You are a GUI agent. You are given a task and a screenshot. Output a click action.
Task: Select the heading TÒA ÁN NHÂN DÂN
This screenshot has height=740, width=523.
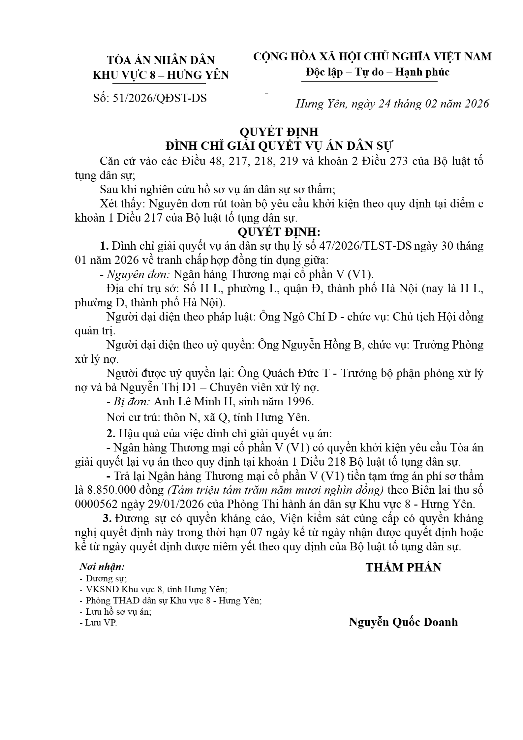[161, 60]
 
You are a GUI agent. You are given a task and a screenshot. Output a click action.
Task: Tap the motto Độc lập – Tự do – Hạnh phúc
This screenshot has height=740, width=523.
[377, 72]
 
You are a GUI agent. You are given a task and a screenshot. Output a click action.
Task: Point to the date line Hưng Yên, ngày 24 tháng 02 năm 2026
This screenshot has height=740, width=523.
[392, 104]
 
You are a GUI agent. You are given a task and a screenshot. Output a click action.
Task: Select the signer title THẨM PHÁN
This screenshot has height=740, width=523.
[403, 568]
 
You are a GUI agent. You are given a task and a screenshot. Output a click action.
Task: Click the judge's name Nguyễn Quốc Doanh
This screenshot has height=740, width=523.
[403, 622]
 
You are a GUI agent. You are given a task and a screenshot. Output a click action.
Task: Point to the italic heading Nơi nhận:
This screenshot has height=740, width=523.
[102, 567]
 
